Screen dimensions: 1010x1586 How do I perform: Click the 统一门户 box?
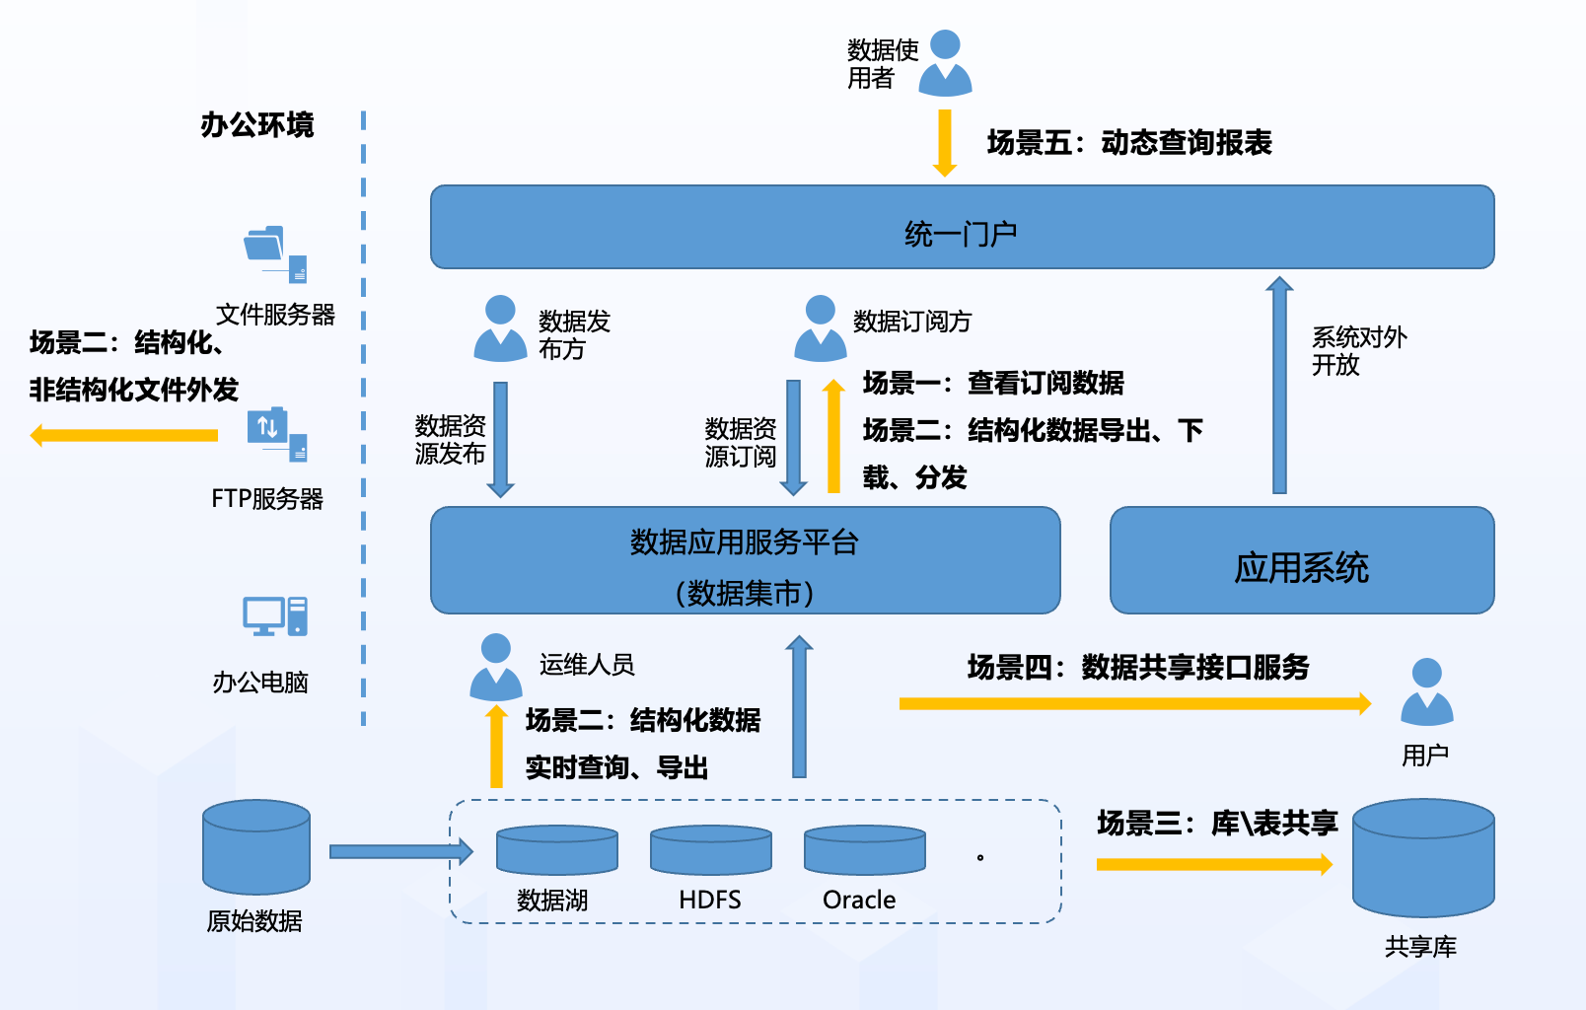tap(962, 227)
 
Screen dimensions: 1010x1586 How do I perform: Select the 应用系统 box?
tap(1301, 560)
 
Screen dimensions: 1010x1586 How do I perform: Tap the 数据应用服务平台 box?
tap(745, 560)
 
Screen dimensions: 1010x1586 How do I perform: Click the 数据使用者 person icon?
tap(945, 63)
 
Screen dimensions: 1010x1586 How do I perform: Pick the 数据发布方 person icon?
tap(500, 328)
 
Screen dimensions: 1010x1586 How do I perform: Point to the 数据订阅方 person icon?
tap(820, 328)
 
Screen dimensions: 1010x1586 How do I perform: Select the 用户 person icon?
tap(1426, 692)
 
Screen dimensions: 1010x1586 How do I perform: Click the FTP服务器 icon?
tap(276, 434)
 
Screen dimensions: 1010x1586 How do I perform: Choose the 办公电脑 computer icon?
tap(275, 616)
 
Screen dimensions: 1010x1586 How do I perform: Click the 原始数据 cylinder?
tap(256, 846)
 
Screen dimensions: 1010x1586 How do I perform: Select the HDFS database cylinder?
tap(710, 850)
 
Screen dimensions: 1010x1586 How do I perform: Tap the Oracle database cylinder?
tap(864, 850)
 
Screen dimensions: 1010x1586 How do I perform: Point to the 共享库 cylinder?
tap(1423, 858)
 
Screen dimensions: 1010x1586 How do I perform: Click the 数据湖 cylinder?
tap(556, 850)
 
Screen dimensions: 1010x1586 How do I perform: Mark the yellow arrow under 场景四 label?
tap(1134, 703)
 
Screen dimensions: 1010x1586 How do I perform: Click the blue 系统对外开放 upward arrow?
tap(1279, 385)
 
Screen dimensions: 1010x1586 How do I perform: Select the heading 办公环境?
tap(256, 125)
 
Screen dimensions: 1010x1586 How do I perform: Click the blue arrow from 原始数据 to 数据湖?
tap(399, 851)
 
